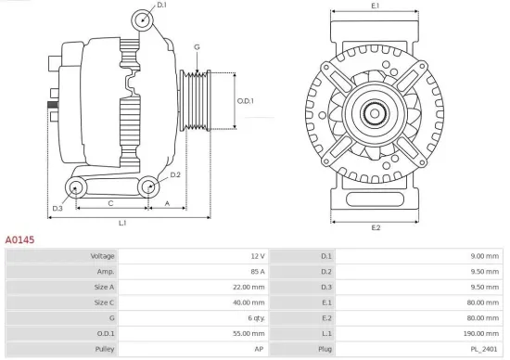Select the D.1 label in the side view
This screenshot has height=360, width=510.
coord(161,6)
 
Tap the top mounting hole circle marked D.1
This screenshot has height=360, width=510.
coord(141,20)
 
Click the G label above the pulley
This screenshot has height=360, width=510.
coord(197,46)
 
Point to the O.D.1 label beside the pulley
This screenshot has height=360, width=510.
coord(246,100)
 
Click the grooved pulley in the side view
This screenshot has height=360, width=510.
coord(196,100)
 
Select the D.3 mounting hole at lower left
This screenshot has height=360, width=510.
coord(73,189)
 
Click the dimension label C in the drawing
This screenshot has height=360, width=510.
coord(110,201)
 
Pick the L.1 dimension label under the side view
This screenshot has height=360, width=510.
coord(122,223)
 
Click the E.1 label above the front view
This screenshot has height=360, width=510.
coord(375,6)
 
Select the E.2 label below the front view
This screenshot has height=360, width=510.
coord(376,227)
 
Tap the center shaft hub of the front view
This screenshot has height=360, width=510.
coord(376,114)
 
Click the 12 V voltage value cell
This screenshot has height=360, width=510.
coord(257,255)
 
